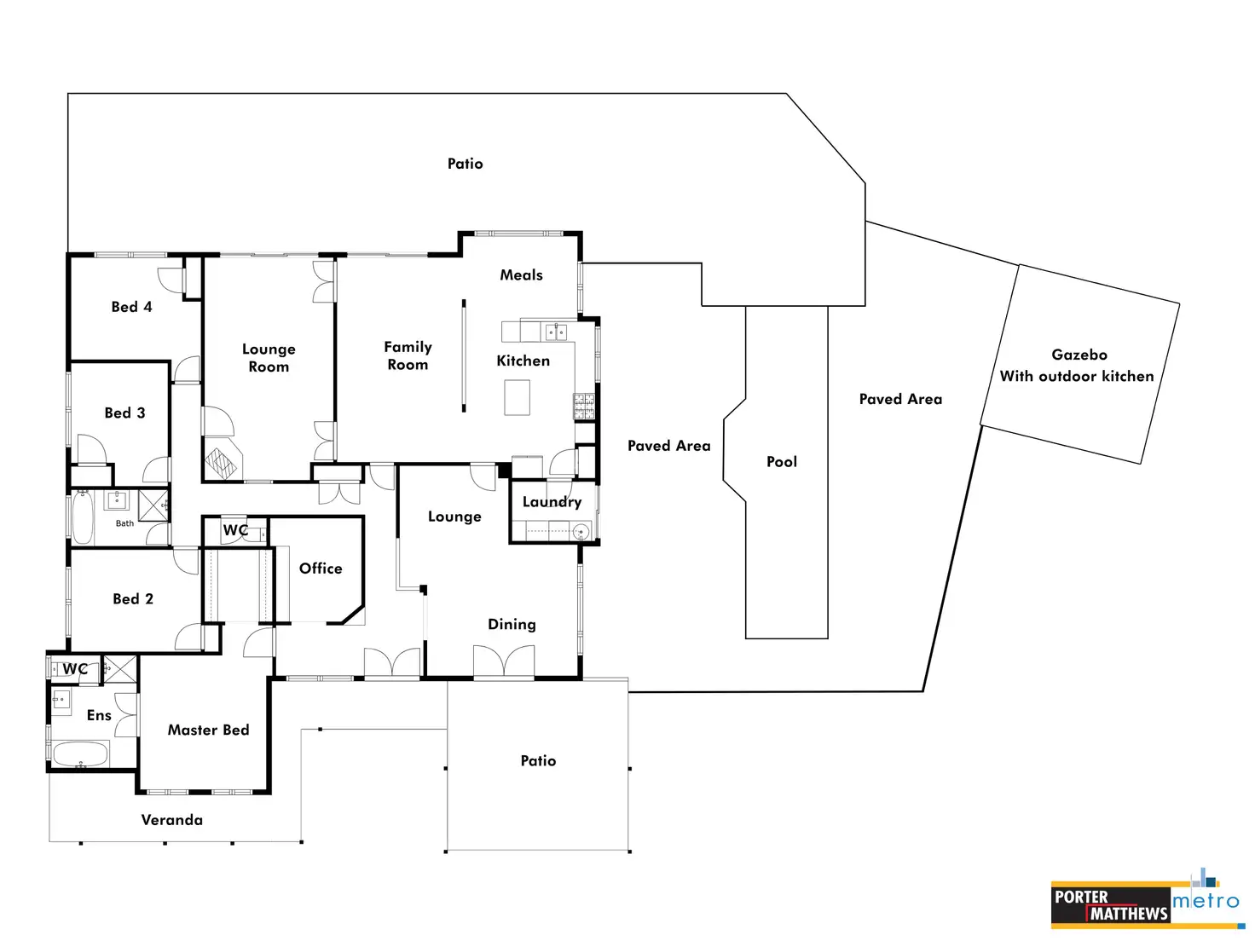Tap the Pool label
tap(781, 462)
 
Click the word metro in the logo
tap(1206, 901)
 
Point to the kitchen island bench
tap(517, 397)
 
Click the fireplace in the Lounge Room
tap(223, 460)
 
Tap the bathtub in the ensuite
tap(81, 754)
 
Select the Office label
tap(321, 569)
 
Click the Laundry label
tap(552, 502)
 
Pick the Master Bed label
tap(208, 730)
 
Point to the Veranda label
tap(171, 820)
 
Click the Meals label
tap(522, 274)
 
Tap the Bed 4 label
tap(131, 307)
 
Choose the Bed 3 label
tap(124, 413)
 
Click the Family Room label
tap(408, 355)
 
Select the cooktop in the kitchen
tap(584, 407)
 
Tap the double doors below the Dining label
tap(504, 661)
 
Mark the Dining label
tap(512, 624)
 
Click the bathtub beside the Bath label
tap(83, 517)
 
